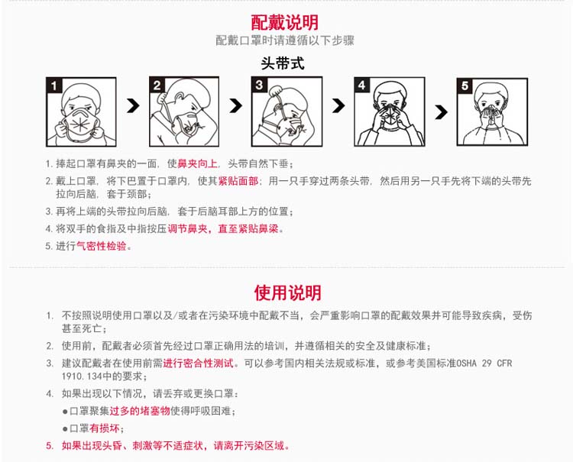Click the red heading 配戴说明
(285, 23)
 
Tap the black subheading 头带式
(283, 63)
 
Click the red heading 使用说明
(287, 293)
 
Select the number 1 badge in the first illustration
(54, 86)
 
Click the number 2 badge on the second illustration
(157, 85)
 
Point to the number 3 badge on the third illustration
(259, 85)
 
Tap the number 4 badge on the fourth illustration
(362, 85)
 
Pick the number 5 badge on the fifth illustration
(465, 86)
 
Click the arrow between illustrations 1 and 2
(133, 106)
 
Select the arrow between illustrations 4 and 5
(441, 112)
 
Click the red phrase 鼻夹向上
(197, 163)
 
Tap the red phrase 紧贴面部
(238, 181)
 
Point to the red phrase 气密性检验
(101, 246)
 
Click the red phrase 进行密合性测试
(198, 363)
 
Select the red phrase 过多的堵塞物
(140, 411)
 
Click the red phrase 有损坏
(105, 428)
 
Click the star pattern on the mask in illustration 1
(79, 124)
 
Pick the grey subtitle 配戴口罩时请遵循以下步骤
(285, 40)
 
